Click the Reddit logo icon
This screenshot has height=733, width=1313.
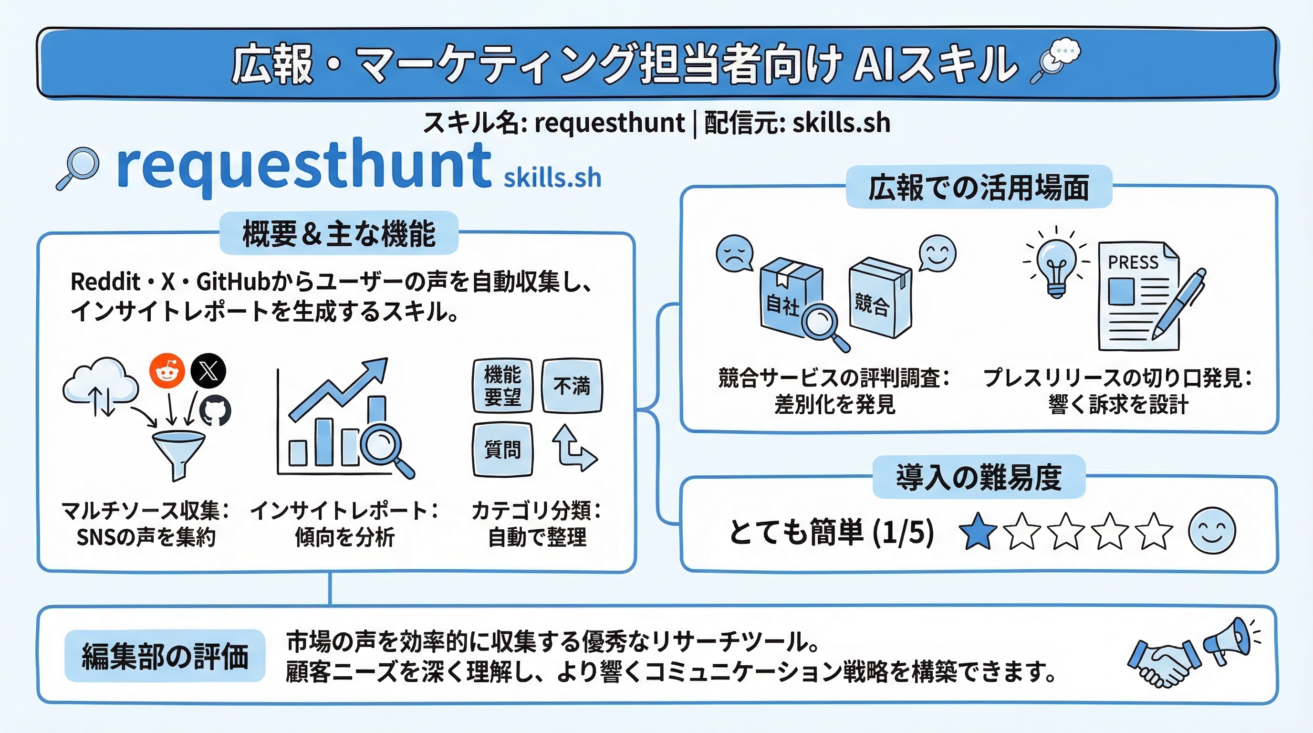coord(167,371)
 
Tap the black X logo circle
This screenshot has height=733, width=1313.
coord(208,371)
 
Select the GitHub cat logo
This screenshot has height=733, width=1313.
coord(215,411)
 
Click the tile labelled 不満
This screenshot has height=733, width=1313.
coord(572,386)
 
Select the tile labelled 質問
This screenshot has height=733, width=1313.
coord(502,450)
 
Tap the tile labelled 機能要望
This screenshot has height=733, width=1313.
coord(502,386)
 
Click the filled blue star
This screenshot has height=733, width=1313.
coord(978,531)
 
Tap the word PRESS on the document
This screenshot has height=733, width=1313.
coord(1133,262)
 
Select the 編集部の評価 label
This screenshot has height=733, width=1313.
coord(165,656)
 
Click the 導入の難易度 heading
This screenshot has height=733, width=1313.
coord(979,477)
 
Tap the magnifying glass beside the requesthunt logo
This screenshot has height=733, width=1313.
coord(78,168)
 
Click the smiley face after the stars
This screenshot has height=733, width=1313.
coord(1211,531)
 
